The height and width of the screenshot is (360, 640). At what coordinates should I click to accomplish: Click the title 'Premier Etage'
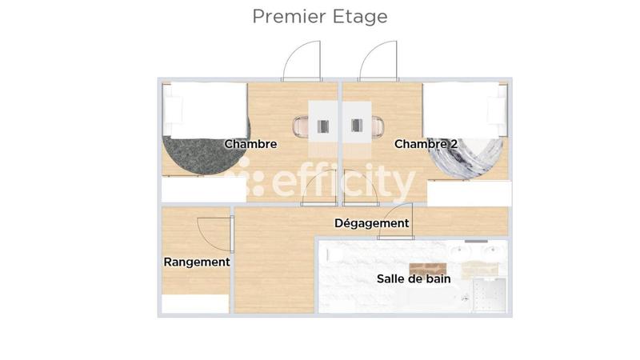pos(320,16)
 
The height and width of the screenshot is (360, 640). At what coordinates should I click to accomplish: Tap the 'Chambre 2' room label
pos(426,144)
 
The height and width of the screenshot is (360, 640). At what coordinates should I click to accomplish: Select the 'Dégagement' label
pos(371,223)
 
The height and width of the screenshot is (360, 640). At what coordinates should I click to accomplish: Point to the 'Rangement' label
pos(197,262)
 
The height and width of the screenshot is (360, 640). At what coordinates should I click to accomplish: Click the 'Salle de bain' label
pos(414,279)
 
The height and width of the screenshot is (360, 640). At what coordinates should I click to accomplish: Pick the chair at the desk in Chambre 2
pos(377,126)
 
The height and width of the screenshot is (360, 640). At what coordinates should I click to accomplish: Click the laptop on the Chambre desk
pos(323,126)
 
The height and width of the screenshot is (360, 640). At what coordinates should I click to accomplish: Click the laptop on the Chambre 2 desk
pos(357,126)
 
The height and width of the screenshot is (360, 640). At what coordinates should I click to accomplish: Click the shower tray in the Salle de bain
pos(490,295)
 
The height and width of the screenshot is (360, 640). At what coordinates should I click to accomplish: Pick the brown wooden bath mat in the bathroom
pos(426,268)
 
